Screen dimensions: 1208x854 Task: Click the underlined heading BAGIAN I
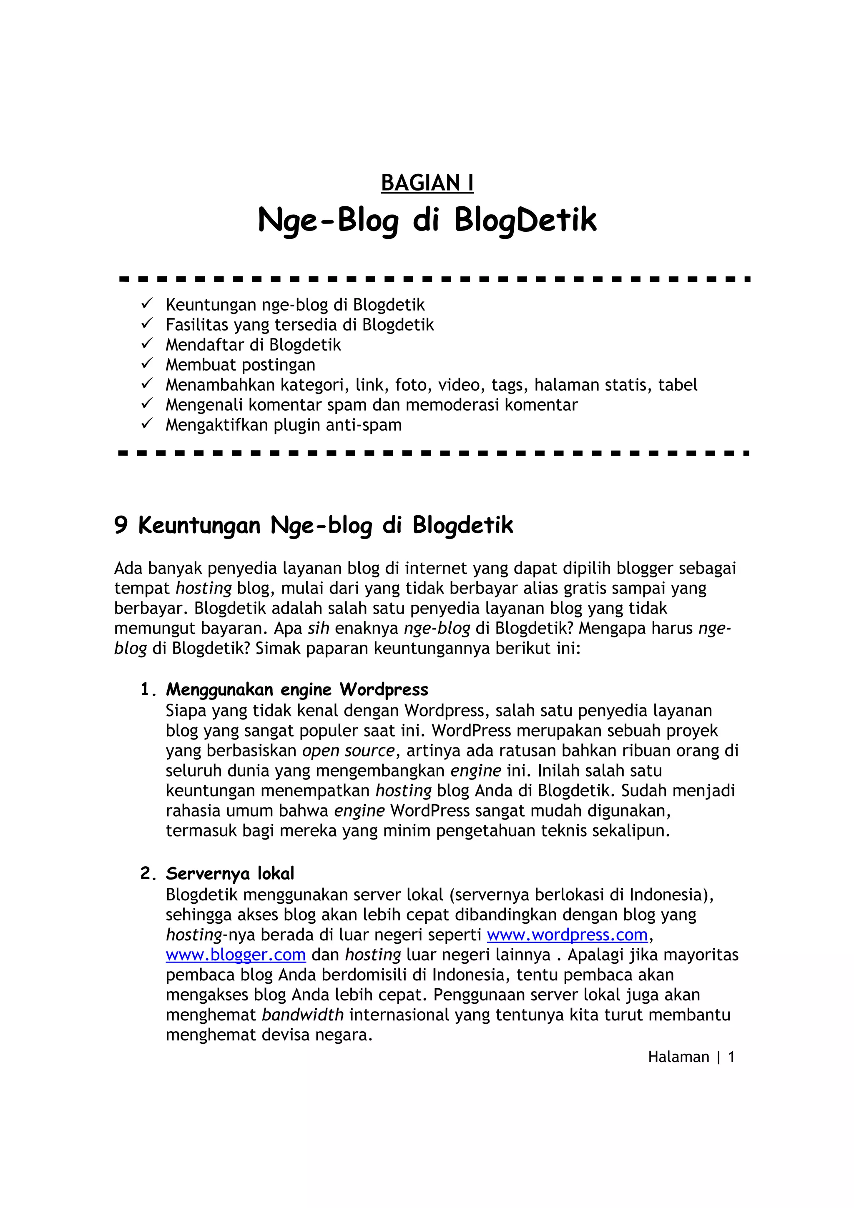click(x=427, y=183)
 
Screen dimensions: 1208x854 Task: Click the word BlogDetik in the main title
click(x=525, y=220)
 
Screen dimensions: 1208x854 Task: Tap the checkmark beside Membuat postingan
click(x=147, y=363)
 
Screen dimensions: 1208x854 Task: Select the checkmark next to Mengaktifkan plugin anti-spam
click(x=147, y=424)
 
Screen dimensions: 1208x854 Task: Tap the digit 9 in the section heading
click(x=121, y=525)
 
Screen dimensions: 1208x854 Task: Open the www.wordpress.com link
click(x=567, y=935)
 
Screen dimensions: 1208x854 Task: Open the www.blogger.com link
click(x=236, y=955)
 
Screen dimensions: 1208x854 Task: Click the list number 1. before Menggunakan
click(x=148, y=689)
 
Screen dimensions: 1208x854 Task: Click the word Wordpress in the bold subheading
click(x=384, y=689)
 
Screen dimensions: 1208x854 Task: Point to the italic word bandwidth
click(x=303, y=1015)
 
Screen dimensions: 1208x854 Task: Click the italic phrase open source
click(x=348, y=750)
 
